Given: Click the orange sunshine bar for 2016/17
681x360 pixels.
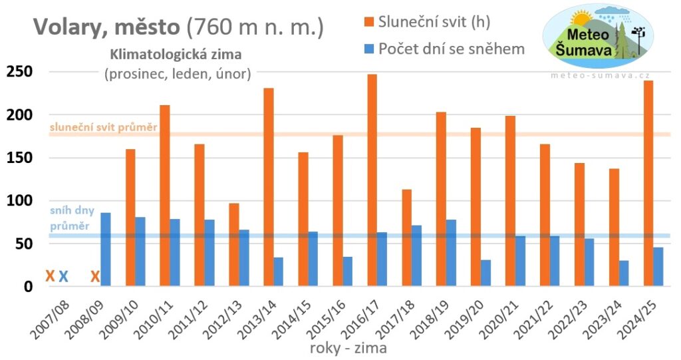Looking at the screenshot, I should click(x=372, y=180).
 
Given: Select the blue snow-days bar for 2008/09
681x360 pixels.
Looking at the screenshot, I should click(x=106, y=250).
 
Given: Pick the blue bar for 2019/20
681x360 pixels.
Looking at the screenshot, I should click(x=486, y=273).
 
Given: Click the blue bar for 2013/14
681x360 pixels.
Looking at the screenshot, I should click(x=278, y=271).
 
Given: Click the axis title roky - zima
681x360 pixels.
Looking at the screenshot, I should click(x=348, y=347).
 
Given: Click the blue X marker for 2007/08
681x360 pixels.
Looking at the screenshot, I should click(x=64, y=276).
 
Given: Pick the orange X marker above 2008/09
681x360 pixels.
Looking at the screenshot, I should click(x=95, y=276).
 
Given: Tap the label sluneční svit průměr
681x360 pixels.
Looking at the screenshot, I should click(x=102, y=126).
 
